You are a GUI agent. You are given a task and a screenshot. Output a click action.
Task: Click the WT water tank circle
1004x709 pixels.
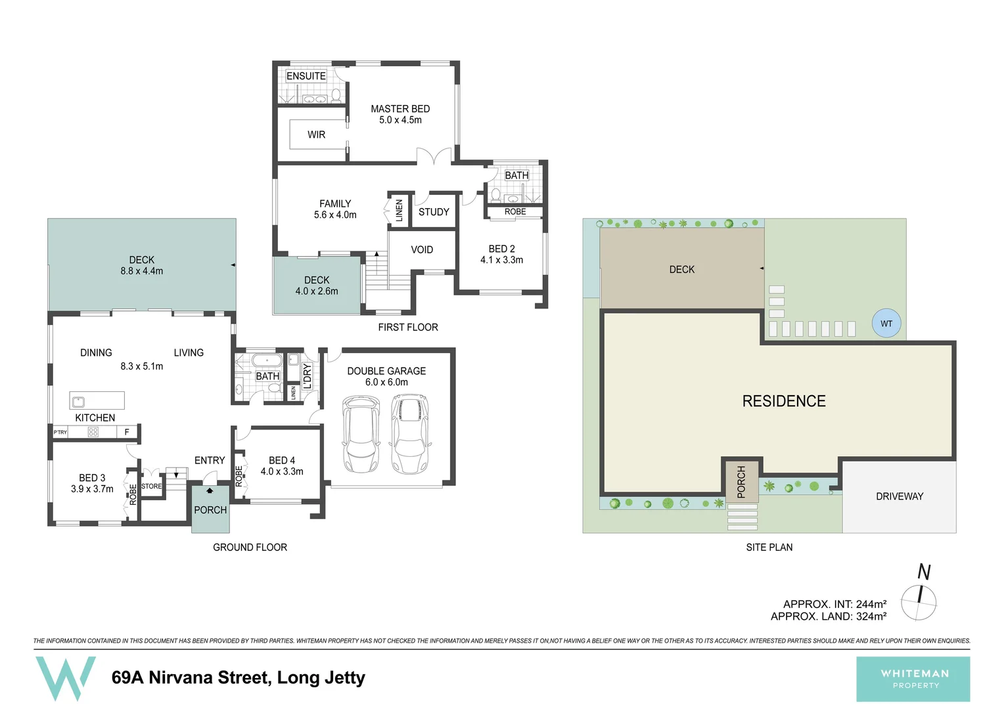click(886, 324)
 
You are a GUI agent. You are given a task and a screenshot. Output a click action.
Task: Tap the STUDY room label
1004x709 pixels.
click(434, 212)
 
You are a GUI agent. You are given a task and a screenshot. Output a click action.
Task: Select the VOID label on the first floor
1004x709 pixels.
click(422, 249)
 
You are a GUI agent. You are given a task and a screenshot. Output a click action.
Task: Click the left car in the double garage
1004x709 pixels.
click(361, 433)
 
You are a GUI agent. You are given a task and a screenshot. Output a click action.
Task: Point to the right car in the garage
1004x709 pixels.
click(410, 433)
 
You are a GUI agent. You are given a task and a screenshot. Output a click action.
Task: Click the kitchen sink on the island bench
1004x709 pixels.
click(78, 401)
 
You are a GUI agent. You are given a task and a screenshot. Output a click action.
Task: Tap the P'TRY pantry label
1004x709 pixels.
click(60, 432)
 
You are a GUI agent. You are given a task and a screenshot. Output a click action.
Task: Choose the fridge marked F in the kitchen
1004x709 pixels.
click(127, 432)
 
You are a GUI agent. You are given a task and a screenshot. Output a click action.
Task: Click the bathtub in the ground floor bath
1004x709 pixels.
click(267, 360)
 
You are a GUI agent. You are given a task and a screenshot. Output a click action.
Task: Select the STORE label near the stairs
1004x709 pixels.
click(152, 486)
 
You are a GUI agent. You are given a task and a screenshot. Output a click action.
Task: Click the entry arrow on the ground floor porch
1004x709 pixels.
click(210, 490)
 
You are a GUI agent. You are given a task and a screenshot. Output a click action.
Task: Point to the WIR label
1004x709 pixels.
click(316, 135)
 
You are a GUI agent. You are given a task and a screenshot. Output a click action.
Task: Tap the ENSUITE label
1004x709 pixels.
click(306, 75)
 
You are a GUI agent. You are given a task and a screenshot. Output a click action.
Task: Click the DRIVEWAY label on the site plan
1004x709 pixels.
click(900, 496)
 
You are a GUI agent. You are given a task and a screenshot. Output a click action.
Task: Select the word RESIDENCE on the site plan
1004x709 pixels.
click(784, 401)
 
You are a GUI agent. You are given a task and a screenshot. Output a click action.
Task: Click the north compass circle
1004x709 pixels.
click(919, 603)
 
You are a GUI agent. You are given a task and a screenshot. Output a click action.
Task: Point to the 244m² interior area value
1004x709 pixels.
click(871, 604)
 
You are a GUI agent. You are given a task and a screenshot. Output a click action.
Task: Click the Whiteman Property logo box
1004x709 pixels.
click(913, 679)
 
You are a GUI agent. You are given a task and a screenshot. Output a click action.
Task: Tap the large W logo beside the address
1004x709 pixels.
click(66, 678)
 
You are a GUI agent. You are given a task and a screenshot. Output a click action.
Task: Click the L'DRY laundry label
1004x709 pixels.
click(307, 376)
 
